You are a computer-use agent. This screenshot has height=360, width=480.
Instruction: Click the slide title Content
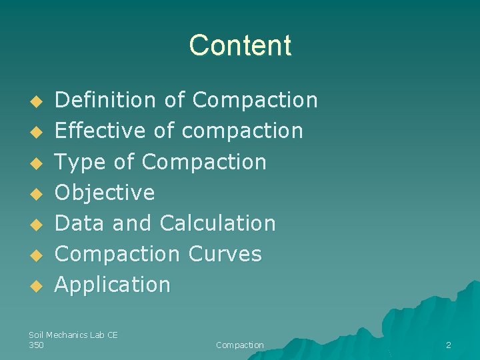coord(240,45)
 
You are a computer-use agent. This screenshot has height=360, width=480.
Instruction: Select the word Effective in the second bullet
coord(100,131)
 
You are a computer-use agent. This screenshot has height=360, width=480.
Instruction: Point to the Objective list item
coord(105,193)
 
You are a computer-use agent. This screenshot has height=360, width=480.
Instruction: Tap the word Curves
coord(225,254)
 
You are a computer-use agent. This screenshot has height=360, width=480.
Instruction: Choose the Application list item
coord(113,285)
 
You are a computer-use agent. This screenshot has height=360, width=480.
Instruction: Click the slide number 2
coord(448,345)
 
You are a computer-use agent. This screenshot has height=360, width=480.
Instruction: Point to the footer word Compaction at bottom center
coord(240,345)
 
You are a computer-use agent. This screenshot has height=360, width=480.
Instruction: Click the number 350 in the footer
coord(37,345)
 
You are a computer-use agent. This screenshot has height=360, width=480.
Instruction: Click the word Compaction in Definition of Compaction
coord(255,100)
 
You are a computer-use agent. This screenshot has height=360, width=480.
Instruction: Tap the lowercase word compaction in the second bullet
coord(242,131)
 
